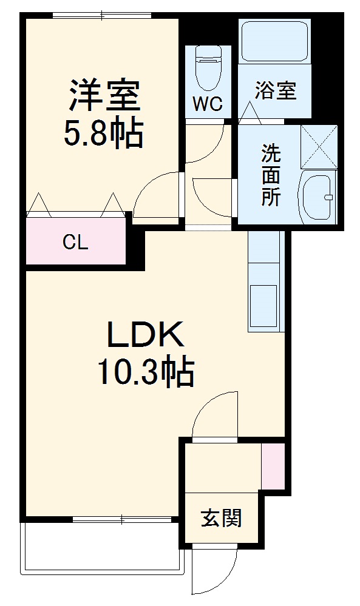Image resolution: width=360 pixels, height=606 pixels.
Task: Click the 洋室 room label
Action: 104,96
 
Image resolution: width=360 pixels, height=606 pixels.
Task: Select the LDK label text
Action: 145,334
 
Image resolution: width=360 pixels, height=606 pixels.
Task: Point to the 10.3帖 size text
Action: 145,372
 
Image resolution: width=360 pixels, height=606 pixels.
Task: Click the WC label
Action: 208,104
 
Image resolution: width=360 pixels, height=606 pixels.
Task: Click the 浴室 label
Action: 275,91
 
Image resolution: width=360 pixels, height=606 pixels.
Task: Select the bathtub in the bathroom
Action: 274,41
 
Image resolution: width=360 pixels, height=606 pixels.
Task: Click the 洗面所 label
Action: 271,175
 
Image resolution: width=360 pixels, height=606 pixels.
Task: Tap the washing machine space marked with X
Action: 319,146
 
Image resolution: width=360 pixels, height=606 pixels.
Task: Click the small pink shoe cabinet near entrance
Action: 272,466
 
